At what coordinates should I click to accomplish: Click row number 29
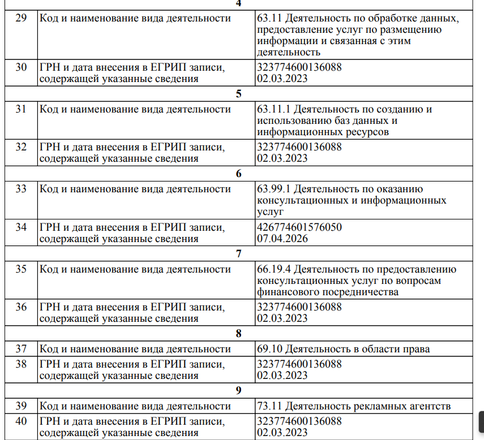pyautogui.click(x=21, y=18)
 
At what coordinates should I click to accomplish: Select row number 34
pyautogui.click(x=21, y=227)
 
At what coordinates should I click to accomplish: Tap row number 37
pyautogui.click(x=21, y=348)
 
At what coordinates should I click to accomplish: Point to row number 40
pyautogui.click(x=21, y=421)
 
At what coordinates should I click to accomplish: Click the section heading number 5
pyautogui.click(x=239, y=94)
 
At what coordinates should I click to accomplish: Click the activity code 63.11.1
pyautogui.click(x=273, y=109)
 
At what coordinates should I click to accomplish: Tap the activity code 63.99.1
pyautogui.click(x=273, y=189)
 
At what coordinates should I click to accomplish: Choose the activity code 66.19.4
pyautogui.click(x=273, y=269)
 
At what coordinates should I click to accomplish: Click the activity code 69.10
pyautogui.click(x=269, y=348)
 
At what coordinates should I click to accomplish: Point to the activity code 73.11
pyautogui.click(x=269, y=406)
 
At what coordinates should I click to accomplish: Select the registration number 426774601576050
pyautogui.click(x=299, y=227)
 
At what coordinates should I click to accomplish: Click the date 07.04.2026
pyautogui.click(x=282, y=239)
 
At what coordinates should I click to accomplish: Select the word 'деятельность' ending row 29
pyautogui.click(x=289, y=53)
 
